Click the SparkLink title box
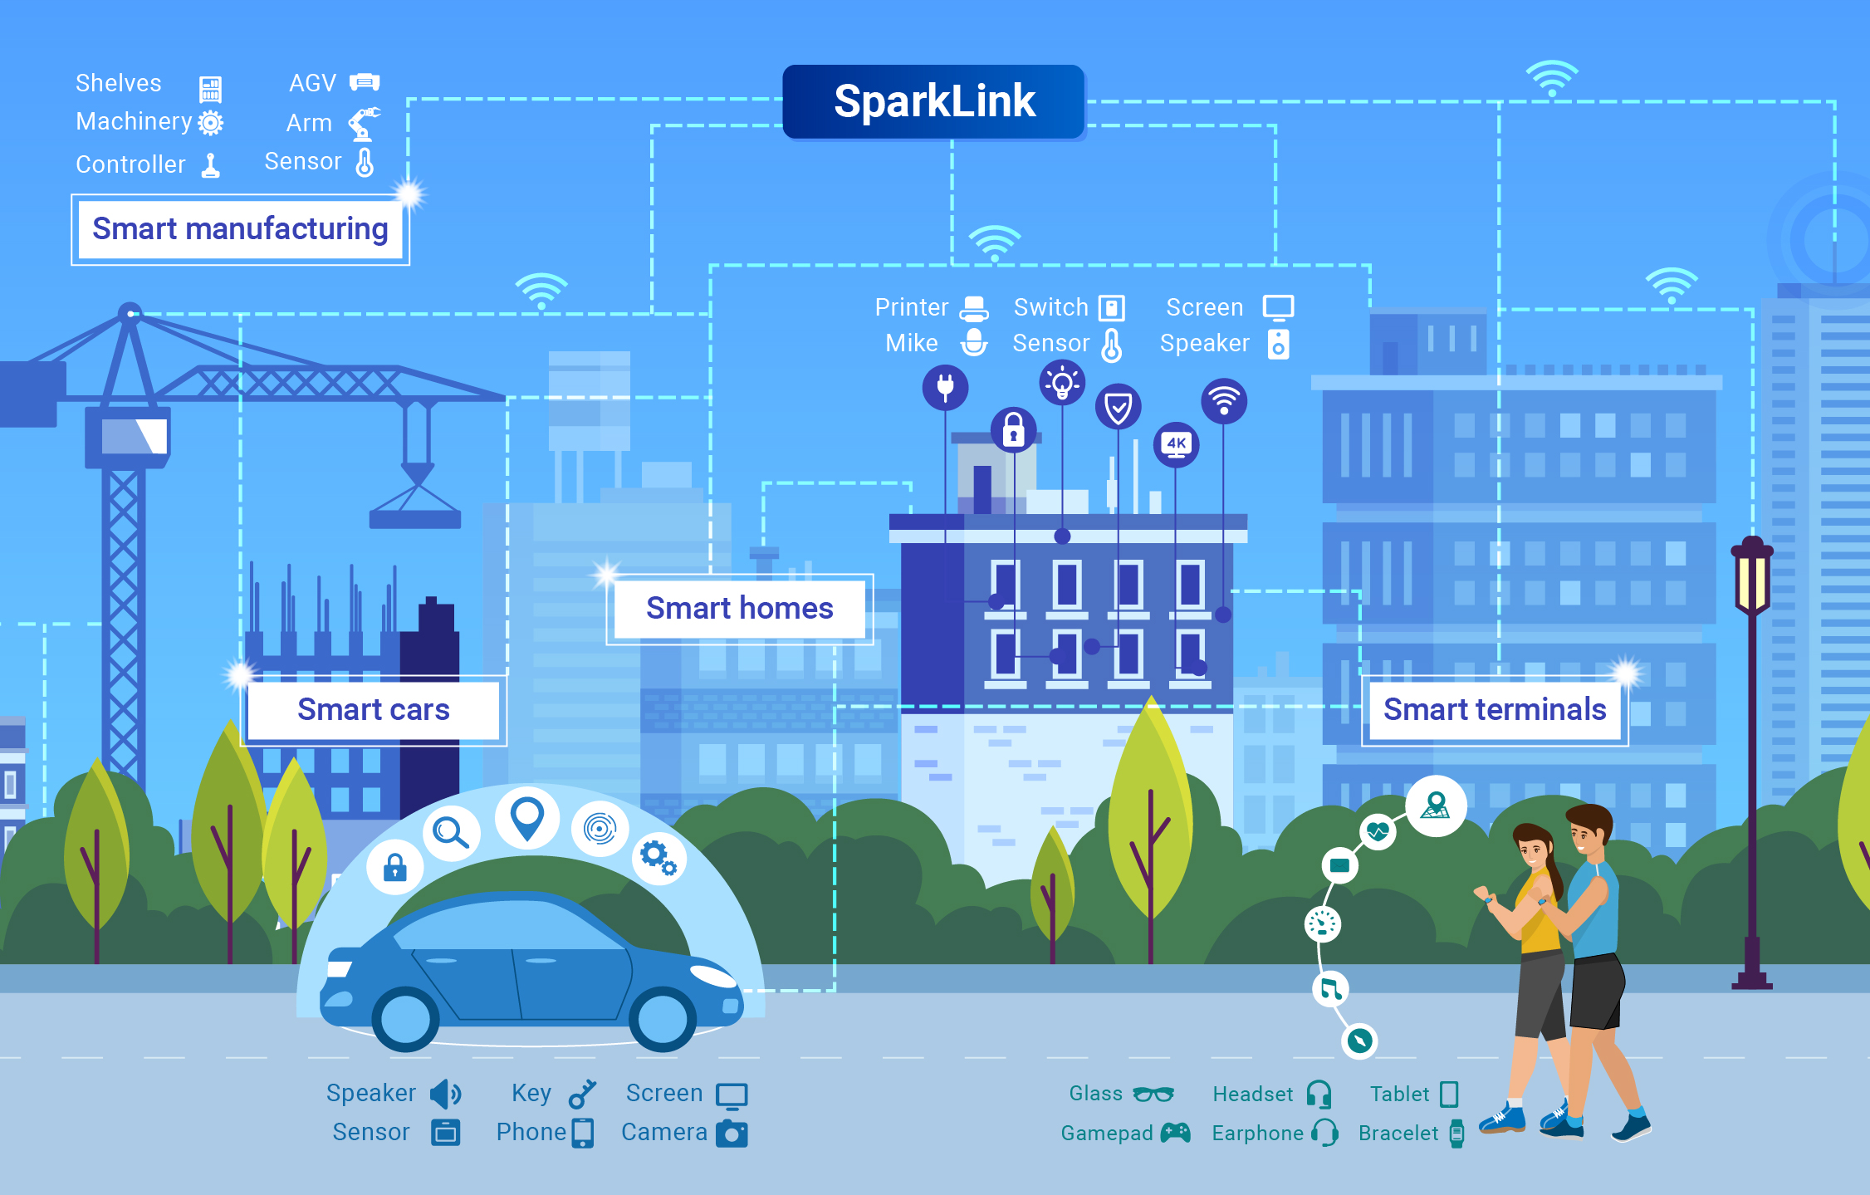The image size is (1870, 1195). [x=934, y=101]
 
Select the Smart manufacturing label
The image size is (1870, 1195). [x=240, y=229]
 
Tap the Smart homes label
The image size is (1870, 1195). [x=739, y=609]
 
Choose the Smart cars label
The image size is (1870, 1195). [x=374, y=710]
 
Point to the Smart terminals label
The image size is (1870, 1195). [x=1495, y=710]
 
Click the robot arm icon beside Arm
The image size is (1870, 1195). [x=364, y=124]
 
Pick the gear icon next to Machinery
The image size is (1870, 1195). [x=211, y=123]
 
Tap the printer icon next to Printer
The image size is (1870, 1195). [x=974, y=308]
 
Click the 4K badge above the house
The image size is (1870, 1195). [x=1176, y=444]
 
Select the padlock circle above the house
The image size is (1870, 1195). [x=1013, y=429]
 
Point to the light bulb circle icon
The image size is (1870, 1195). [x=1062, y=383]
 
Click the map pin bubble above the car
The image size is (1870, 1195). [x=527, y=817]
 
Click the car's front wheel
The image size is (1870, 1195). [x=662, y=1018]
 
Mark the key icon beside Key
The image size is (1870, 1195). [x=582, y=1094]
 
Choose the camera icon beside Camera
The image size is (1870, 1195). [x=732, y=1134]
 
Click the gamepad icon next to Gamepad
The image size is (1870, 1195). [x=1175, y=1133]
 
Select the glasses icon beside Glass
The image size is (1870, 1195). [x=1153, y=1095]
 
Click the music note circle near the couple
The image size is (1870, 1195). [x=1330, y=988]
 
